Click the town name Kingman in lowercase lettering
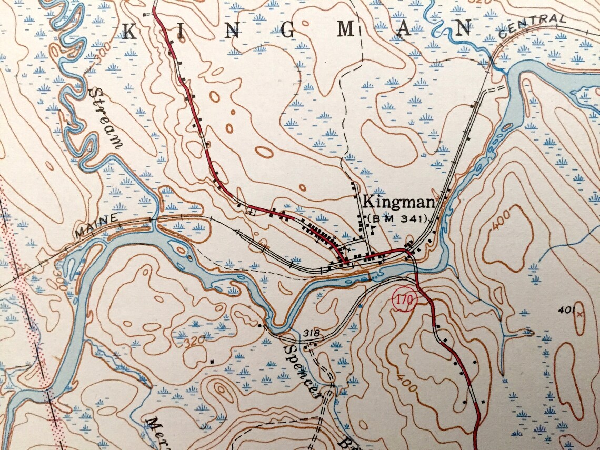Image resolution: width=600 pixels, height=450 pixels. point(398,202)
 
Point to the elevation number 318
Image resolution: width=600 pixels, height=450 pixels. point(312,334)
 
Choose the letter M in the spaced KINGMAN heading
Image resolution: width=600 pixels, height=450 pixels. point(346,30)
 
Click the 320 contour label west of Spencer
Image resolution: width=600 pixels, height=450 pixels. point(194,342)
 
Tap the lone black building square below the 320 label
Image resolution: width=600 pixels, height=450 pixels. point(212,361)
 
